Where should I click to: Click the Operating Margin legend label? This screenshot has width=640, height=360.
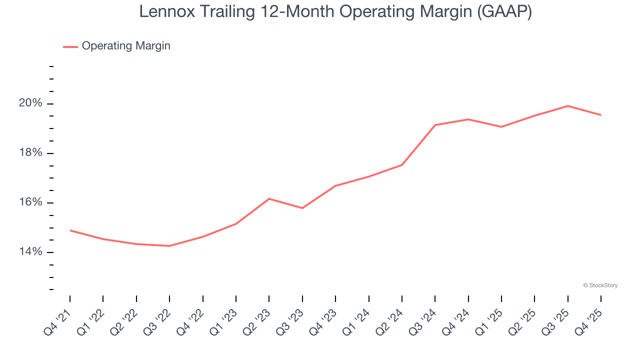point(126,46)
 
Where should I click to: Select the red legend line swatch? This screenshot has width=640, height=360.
point(70,46)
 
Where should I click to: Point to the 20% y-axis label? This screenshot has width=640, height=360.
point(30,103)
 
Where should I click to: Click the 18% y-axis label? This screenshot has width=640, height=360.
point(30,153)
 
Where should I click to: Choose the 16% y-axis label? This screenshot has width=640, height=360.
point(30,202)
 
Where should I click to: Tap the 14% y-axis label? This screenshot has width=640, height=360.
point(30,252)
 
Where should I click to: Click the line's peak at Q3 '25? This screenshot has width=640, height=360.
point(568,106)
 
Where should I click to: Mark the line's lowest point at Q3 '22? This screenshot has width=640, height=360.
point(169,246)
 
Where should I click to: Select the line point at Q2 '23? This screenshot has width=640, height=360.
point(269,199)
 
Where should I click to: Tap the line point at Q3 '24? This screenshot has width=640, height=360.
point(435,125)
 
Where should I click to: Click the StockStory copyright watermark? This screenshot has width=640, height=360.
point(600,285)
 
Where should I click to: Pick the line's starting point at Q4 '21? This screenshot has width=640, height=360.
point(70,230)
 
